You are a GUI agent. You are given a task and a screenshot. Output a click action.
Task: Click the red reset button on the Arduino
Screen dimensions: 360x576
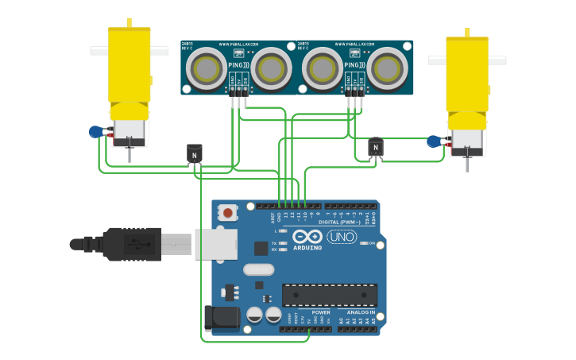tap(229, 212)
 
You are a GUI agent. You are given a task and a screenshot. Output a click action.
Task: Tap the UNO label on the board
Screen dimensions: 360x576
tap(342, 237)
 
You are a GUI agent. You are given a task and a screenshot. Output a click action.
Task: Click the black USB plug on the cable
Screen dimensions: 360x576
tap(132, 244)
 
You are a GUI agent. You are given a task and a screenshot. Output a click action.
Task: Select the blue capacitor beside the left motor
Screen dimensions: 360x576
tap(96, 132)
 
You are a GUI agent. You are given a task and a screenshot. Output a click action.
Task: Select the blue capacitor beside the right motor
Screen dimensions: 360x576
tap(433, 141)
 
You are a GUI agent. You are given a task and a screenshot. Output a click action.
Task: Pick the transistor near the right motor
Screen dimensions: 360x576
tap(376, 147)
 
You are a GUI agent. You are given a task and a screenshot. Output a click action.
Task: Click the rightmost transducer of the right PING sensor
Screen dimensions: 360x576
tap(387, 69)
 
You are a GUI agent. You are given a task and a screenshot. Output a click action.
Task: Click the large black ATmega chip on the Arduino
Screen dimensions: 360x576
tap(330, 295)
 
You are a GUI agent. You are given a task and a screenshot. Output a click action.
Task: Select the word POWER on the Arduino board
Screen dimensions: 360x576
tap(321, 312)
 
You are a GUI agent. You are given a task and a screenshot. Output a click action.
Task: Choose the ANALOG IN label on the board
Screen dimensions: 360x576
tap(360, 312)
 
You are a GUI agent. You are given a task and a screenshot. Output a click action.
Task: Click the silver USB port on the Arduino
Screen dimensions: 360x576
tap(215, 244)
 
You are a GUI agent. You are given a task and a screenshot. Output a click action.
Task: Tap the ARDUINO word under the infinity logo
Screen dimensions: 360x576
tap(307, 248)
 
